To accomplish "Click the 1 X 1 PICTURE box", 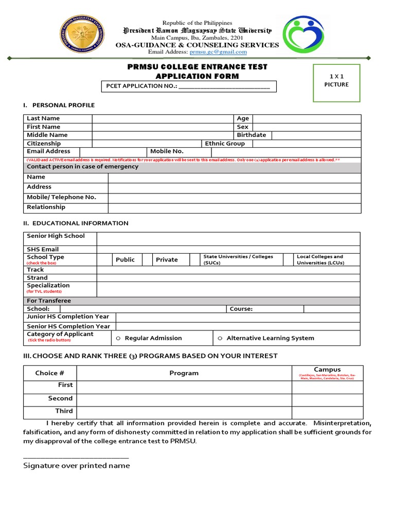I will (x=336, y=83).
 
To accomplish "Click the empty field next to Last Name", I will (x=163, y=119).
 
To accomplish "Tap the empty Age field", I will (x=307, y=119).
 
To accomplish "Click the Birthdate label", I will (x=252, y=135).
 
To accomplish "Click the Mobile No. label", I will (x=167, y=152).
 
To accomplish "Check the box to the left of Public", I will (x=106, y=260).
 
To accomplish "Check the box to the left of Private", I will (x=147, y=260).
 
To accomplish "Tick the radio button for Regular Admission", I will (x=118, y=339).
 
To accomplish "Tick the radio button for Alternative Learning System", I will (x=220, y=339).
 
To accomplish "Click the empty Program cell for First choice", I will (x=184, y=387).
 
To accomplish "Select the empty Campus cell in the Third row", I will (x=328, y=412).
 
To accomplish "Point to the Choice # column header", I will (x=49, y=373).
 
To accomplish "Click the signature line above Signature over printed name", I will (x=76, y=457).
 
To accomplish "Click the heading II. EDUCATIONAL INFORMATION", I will (x=76, y=223).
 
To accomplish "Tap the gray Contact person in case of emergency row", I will (x=193, y=167).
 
